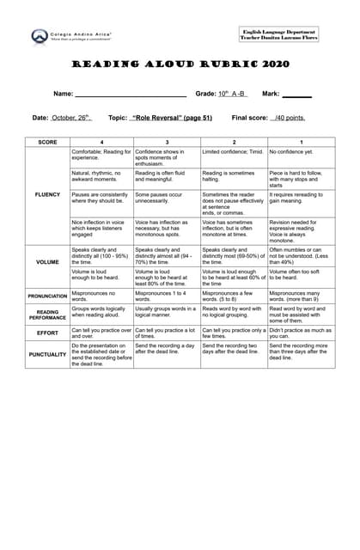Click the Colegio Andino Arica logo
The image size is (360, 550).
click(40, 36)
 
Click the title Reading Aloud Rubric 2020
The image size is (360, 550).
click(180, 64)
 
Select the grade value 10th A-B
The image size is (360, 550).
click(232, 93)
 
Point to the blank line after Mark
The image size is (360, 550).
click(296, 94)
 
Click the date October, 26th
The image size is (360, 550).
click(71, 118)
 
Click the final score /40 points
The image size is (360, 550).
click(289, 118)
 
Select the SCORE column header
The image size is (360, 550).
click(47, 141)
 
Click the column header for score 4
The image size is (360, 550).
click(101, 141)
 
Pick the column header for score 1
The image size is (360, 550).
click(301, 141)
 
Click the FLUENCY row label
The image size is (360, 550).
click(47, 194)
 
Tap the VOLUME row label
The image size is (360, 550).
click(47, 261)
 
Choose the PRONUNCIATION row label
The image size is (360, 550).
click(47, 296)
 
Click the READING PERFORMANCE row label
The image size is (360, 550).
click(47, 314)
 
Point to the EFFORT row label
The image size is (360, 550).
click(47, 332)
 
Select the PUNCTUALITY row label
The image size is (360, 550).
click(47, 352)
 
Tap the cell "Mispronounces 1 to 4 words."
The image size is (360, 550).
click(166, 296)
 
